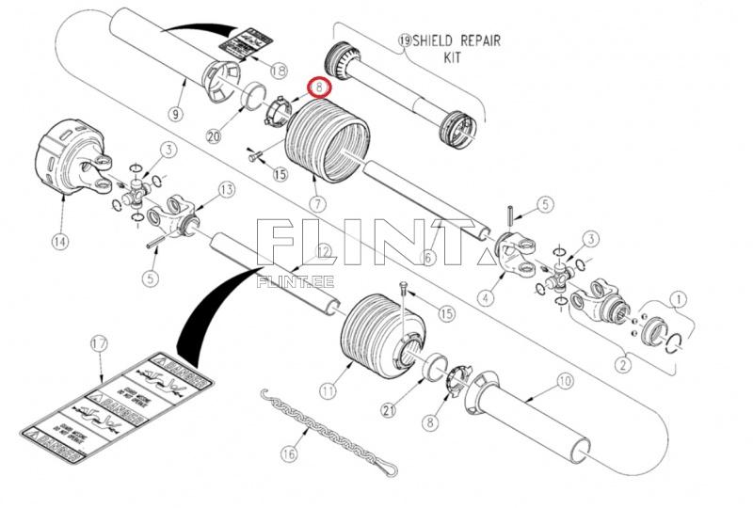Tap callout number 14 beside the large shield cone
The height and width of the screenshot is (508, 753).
tap(60, 242)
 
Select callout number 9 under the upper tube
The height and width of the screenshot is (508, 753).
tap(175, 114)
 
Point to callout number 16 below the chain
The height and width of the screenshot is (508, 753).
tap(288, 453)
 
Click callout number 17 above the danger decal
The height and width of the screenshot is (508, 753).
tap(100, 344)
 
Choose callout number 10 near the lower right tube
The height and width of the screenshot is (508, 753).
tap(564, 381)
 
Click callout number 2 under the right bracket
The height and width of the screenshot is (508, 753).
tap(621, 358)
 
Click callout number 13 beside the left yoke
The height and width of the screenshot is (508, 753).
tap(225, 190)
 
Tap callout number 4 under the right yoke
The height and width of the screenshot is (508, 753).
tap(486, 298)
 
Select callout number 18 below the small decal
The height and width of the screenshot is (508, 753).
tap(278, 71)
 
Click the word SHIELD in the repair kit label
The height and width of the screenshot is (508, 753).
tap(441, 41)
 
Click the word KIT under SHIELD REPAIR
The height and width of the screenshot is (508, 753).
tap(456, 57)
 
